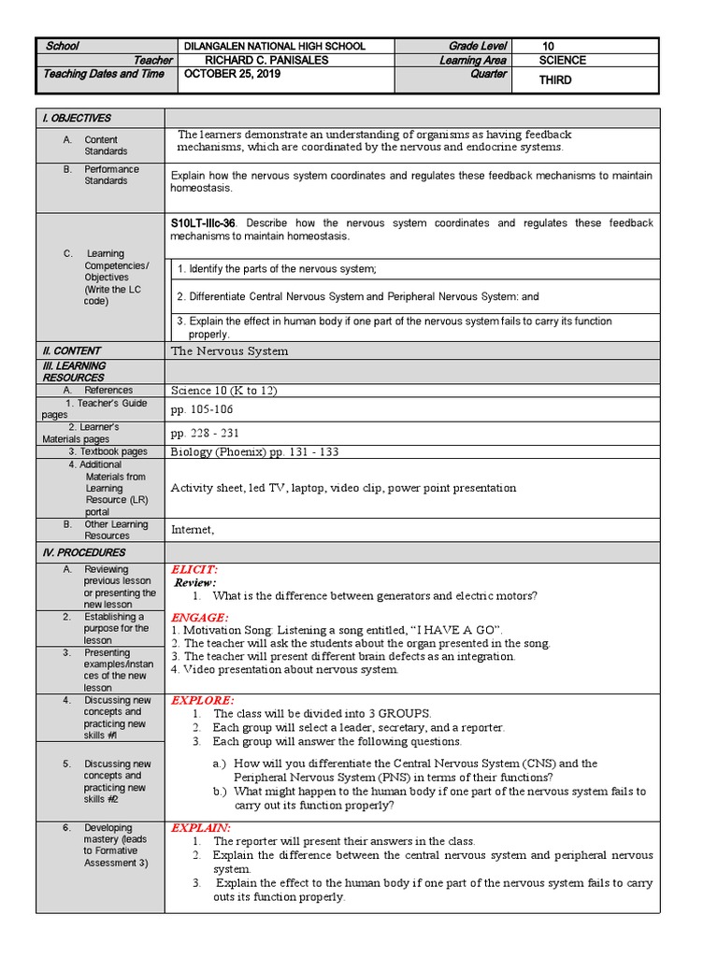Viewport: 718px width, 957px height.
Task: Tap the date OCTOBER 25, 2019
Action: [x=233, y=74]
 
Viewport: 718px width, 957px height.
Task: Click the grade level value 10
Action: [x=549, y=46]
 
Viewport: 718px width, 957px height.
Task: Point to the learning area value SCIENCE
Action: [x=563, y=60]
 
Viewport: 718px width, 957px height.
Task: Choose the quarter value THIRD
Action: [x=555, y=80]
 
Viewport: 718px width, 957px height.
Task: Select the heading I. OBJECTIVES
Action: [x=75, y=118]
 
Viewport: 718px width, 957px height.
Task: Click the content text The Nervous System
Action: [x=230, y=351]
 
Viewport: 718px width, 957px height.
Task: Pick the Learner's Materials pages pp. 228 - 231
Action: [x=206, y=433]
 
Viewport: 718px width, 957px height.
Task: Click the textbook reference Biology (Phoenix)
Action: [x=220, y=451]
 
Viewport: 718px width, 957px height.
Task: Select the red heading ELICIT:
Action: [x=194, y=569]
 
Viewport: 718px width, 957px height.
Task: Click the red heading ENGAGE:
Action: [x=199, y=618]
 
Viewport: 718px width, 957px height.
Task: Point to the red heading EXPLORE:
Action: [x=202, y=699]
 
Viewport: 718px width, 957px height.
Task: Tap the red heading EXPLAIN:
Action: [x=201, y=828]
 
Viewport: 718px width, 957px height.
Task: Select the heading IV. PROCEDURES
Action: [x=79, y=552]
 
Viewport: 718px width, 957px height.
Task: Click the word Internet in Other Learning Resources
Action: [x=193, y=530]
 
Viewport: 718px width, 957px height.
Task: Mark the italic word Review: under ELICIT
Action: [x=195, y=582]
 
